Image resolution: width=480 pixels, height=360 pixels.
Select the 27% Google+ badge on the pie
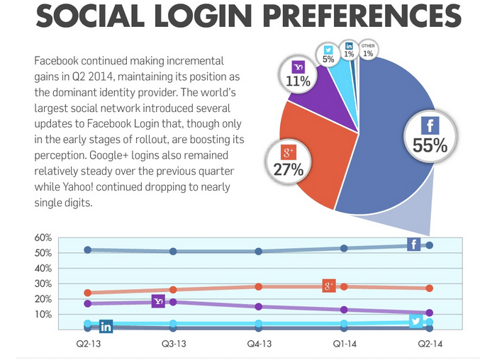(289, 162)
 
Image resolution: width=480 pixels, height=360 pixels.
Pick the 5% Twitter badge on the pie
(328, 55)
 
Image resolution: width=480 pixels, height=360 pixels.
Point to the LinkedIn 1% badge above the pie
(349, 50)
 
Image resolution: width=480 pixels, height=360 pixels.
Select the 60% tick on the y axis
(42, 237)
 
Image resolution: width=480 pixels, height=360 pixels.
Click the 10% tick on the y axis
(42, 314)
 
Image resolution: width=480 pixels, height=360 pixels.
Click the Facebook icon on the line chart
(414, 244)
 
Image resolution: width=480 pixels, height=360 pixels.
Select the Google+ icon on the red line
(329, 286)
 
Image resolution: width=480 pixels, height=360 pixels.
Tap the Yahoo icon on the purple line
(159, 302)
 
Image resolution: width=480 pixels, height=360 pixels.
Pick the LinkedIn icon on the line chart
(106, 327)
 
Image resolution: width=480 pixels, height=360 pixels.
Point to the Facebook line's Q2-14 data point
(429, 245)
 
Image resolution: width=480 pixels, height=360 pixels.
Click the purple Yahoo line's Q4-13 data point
(259, 307)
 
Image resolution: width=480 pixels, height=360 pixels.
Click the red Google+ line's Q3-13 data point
(173, 290)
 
